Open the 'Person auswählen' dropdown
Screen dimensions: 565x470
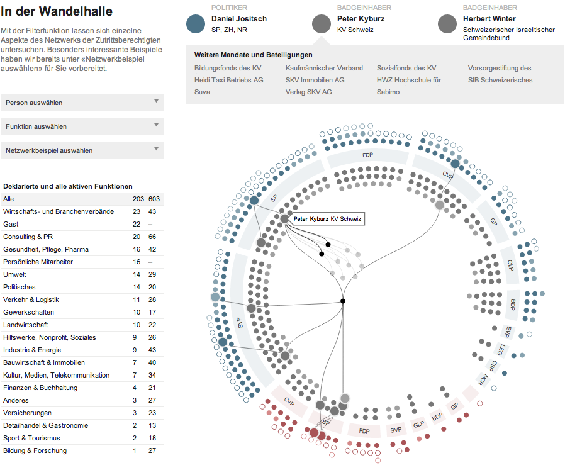click(x=82, y=103)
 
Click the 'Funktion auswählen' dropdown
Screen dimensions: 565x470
click(x=82, y=126)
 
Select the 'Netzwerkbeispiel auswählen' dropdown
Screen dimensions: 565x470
click(x=82, y=150)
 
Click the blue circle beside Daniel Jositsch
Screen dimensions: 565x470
click(x=196, y=24)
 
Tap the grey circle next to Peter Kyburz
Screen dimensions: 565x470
click(x=322, y=24)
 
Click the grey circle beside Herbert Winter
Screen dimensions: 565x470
click(x=447, y=24)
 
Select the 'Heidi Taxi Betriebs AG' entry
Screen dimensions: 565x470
click(x=229, y=80)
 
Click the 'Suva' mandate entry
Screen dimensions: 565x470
click(x=202, y=92)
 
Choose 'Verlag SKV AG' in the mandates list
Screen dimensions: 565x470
click(x=308, y=92)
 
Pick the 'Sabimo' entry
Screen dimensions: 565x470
click(x=388, y=92)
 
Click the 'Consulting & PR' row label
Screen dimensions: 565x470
click(x=28, y=237)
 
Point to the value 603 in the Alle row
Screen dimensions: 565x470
click(x=154, y=199)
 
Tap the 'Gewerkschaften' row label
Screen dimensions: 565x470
click(x=28, y=312)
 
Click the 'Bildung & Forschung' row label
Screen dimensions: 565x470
click(x=35, y=450)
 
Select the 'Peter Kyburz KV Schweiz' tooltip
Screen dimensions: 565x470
click(x=327, y=219)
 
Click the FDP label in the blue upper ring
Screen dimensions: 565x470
click(x=367, y=155)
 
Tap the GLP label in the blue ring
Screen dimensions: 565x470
click(x=510, y=266)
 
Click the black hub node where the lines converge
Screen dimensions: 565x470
click(x=343, y=301)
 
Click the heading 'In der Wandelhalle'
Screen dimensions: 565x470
click(x=57, y=11)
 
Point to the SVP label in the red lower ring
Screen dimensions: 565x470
click(x=396, y=430)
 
